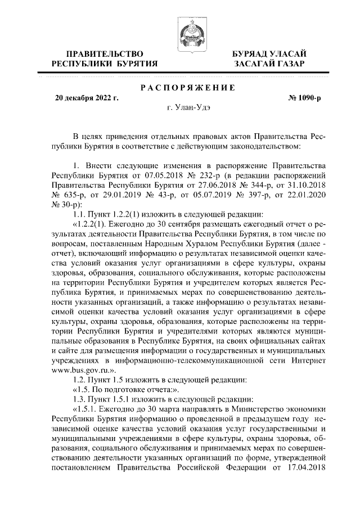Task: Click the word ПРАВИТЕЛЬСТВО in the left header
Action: (104, 53)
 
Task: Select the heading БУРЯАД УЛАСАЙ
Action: (270, 53)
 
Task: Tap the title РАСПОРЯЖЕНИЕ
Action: (187, 88)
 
